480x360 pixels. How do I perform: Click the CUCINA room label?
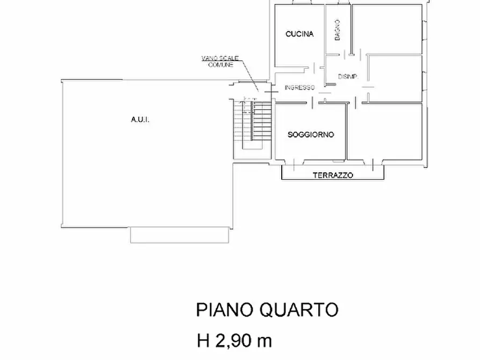tap(299, 34)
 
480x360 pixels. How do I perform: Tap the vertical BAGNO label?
tap(336, 30)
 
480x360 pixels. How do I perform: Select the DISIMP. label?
tap(344, 76)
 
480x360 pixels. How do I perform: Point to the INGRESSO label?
tap(299, 88)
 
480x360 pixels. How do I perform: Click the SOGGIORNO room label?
tap(311, 134)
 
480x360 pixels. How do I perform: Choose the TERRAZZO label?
tap(333, 175)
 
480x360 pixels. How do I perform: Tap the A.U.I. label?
tap(140, 120)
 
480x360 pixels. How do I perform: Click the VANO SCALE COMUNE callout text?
tap(217, 61)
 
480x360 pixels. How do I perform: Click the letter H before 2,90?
tap(203, 341)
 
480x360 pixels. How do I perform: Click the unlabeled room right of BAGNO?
tap(387, 30)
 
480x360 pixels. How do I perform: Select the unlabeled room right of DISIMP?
tap(395, 78)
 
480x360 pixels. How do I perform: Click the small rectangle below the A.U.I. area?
tap(181, 234)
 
